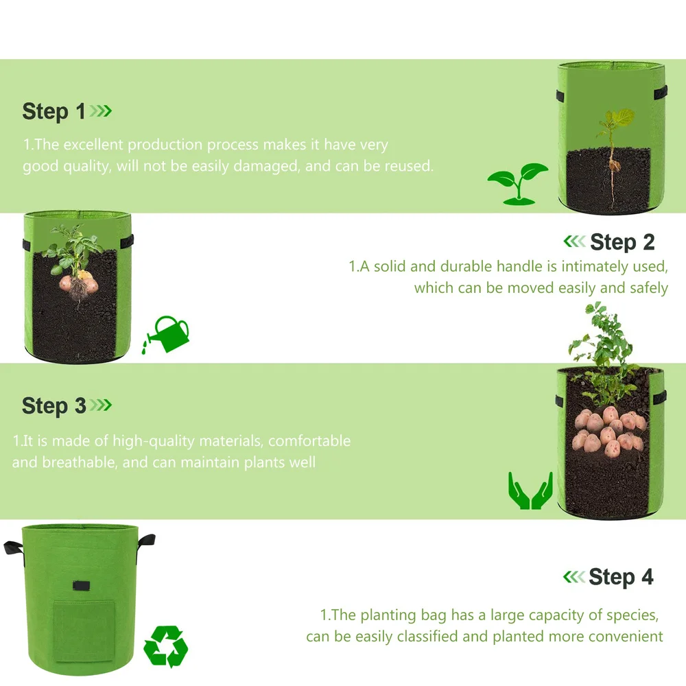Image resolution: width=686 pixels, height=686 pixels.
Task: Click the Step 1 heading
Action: pos(54,111)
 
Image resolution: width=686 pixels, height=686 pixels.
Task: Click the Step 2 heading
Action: pos(622,242)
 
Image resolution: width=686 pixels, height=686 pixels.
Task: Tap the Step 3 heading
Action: pos(54,405)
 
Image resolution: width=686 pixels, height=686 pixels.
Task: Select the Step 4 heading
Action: pos(621,577)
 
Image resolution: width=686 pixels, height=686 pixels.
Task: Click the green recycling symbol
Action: pos(165,646)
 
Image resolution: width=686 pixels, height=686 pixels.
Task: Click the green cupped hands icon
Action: pos(530,490)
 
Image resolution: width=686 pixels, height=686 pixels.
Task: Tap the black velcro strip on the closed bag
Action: pos(84,587)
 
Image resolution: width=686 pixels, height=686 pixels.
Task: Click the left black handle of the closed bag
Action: pos(14,547)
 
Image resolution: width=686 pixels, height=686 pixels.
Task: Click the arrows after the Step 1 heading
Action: pos(101,111)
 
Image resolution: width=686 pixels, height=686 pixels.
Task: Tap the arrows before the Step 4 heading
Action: pos(574,577)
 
